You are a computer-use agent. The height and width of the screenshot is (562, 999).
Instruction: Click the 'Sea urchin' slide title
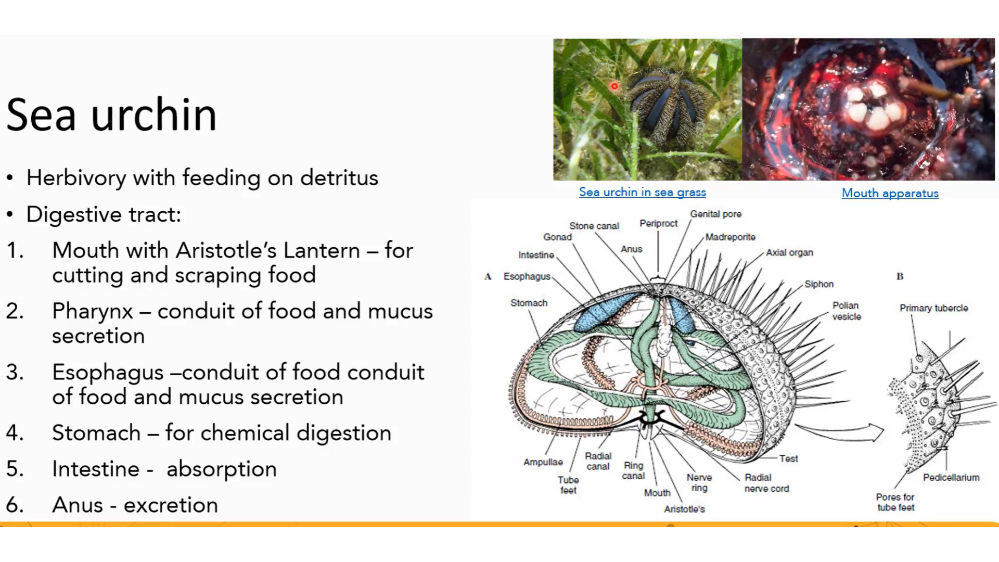point(111,115)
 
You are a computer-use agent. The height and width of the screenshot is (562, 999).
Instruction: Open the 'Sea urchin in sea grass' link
point(642,192)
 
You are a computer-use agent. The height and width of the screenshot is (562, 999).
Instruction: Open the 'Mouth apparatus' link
point(890,193)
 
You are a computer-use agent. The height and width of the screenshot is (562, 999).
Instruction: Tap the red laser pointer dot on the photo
point(614,86)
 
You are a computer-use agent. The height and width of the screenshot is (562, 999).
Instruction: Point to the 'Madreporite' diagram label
point(730,237)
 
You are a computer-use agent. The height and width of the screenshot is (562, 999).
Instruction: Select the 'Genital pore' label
point(715,214)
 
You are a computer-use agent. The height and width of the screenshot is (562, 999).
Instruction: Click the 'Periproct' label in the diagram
point(658,223)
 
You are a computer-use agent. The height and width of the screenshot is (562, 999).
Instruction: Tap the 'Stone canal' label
point(594,226)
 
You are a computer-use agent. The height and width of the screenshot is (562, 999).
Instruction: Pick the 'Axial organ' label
point(789,252)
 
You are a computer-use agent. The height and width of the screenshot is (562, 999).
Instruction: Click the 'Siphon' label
point(818,284)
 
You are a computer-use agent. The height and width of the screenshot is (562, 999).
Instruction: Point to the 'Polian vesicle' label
point(846,311)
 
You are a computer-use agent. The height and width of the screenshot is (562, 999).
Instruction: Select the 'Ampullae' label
point(543,462)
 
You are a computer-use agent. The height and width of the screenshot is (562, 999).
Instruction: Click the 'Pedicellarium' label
point(951,477)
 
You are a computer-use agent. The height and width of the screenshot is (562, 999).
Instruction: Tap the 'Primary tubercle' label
point(933,308)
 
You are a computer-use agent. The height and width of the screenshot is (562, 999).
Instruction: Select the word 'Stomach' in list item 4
point(96,433)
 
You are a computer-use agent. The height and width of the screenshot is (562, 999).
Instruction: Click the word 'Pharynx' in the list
point(92,311)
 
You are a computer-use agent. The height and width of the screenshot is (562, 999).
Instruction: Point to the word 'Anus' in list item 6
point(78,505)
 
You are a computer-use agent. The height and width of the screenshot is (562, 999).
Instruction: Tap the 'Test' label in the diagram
point(788,458)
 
